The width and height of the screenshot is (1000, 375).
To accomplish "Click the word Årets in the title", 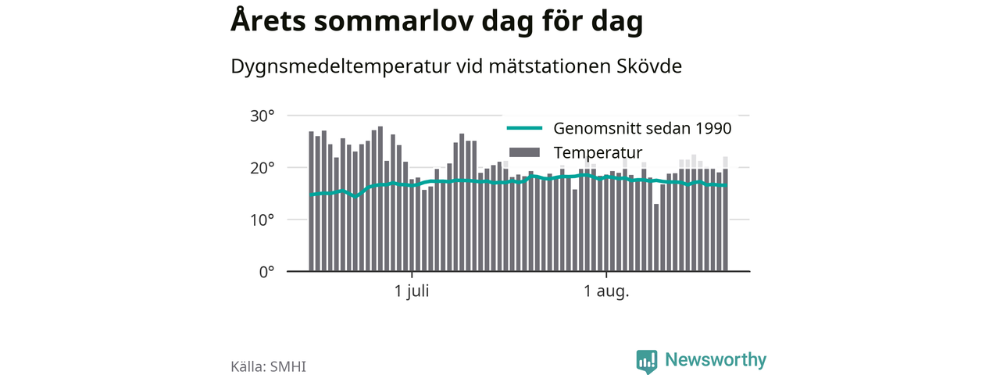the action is [268, 20].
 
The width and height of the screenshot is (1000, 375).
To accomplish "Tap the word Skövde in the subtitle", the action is [649, 66].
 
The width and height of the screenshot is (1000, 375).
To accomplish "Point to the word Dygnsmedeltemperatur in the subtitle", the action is [341, 67].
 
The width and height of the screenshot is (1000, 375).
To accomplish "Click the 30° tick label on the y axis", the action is [262, 116].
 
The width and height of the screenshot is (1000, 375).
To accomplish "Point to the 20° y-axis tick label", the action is [262, 168].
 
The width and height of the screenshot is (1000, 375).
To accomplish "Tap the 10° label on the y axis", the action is [262, 220].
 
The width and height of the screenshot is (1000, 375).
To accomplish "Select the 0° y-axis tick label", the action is [266, 272].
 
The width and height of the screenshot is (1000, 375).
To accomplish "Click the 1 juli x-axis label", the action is [412, 291].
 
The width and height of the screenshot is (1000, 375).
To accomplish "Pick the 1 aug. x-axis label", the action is [606, 291].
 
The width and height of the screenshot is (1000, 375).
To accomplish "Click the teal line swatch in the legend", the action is [524, 128].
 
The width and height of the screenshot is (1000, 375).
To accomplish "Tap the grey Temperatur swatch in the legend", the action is [524, 152].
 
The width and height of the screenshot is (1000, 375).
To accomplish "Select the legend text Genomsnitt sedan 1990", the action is [642, 128].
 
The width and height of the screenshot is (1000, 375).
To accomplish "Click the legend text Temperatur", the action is [598, 152].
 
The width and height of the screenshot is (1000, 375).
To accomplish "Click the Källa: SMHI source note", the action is [268, 366].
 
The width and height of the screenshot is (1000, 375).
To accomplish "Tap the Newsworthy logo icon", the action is [647, 361].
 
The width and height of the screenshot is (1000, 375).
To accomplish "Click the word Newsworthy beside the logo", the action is [716, 359].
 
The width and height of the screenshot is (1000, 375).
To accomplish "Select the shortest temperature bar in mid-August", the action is [656, 237].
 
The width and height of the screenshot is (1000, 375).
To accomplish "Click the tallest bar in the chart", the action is [380, 198].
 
